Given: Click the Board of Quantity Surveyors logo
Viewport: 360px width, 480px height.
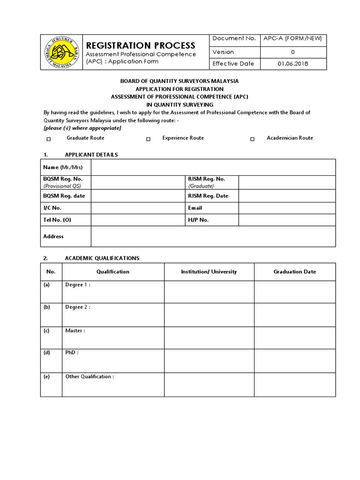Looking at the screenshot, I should tap(61, 52).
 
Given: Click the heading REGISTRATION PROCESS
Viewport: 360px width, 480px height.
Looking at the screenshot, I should tap(140, 45).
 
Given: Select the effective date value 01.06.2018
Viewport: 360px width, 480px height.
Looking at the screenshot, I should tap(293, 64).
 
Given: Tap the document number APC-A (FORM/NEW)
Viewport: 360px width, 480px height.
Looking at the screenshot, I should tap(293, 38).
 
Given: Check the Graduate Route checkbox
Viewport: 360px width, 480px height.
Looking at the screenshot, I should tap(49, 139).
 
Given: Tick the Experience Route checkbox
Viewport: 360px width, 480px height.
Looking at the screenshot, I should tap(149, 139).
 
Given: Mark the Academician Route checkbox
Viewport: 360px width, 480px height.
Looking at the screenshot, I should tap(252, 139).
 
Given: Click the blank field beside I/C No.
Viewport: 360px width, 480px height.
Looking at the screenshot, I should tap(138, 208).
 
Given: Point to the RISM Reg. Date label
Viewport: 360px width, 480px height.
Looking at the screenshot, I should tap(208, 196).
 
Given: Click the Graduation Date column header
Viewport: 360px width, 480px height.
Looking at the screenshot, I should tap(294, 271).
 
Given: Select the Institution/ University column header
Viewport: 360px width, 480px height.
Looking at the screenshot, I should tap(209, 271).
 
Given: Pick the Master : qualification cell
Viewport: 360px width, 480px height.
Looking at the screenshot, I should tap(112, 337).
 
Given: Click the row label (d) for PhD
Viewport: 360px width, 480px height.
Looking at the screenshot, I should tap(47, 353).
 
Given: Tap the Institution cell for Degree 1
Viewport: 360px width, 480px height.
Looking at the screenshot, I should tap(209, 292).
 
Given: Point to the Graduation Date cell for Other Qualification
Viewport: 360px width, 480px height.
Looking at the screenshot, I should tap(294, 384).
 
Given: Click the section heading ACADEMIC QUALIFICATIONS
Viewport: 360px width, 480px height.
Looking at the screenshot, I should tap(102, 258).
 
